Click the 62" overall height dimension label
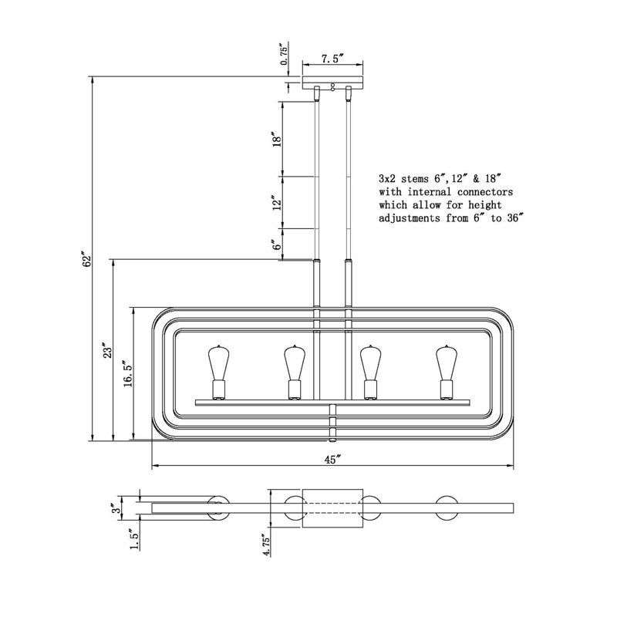(x=86, y=258)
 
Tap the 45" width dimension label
(x=332, y=459)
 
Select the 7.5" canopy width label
(x=332, y=59)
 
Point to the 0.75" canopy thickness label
(x=284, y=55)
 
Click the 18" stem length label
(x=278, y=140)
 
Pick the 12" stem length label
(x=278, y=203)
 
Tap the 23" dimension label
(x=107, y=349)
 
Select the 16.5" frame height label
(x=129, y=373)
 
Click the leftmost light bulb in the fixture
(x=218, y=373)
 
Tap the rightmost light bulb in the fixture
(x=446, y=373)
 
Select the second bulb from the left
(x=295, y=373)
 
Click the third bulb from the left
(x=370, y=373)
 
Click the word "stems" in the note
(x=415, y=179)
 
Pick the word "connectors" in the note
(x=485, y=192)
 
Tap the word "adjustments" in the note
(x=410, y=218)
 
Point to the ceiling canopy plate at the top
(x=332, y=82)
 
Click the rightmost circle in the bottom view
(x=447, y=507)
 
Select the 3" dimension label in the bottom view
(x=115, y=509)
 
